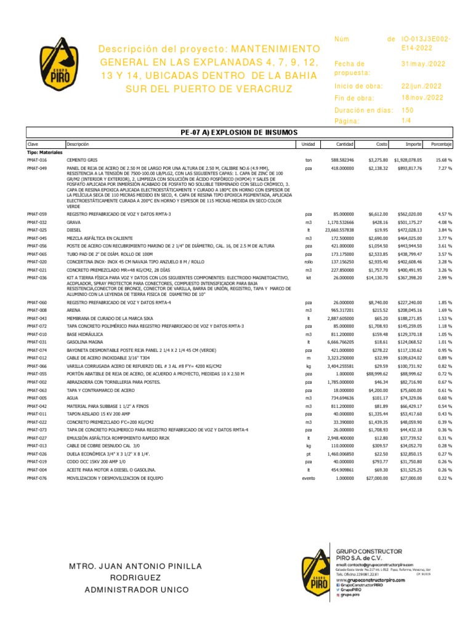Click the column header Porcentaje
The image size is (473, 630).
point(441,144)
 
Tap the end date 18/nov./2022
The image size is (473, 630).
point(421,98)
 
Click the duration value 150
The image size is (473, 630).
point(407,110)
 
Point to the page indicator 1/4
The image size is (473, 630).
point(406,121)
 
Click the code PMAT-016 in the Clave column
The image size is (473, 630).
point(37,159)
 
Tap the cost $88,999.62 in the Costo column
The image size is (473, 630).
point(373,374)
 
